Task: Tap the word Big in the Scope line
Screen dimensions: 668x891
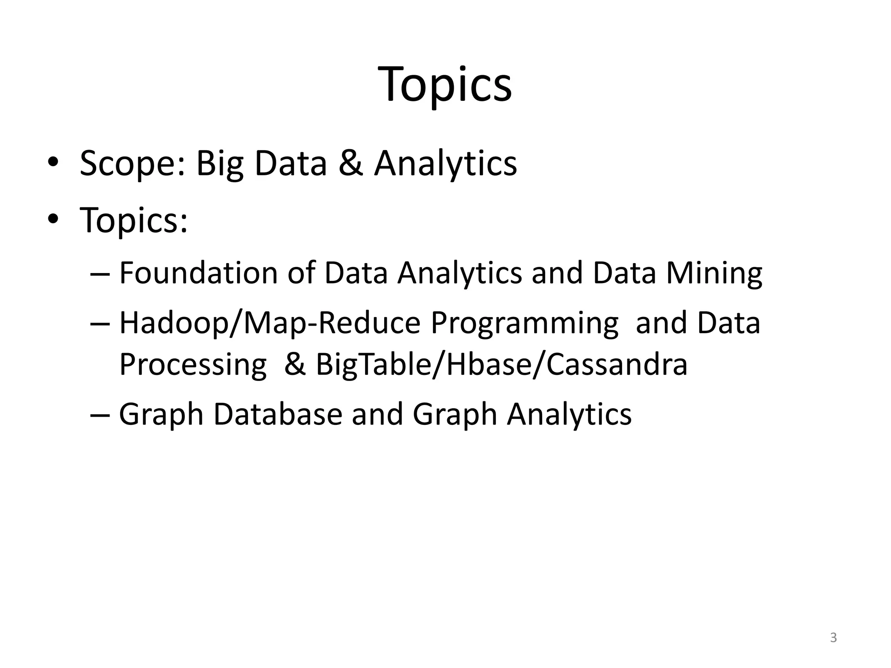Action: [x=220, y=164]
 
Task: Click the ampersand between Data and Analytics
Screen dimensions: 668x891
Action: [x=350, y=164]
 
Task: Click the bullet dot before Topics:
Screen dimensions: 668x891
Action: [x=53, y=219]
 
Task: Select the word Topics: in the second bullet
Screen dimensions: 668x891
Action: [x=134, y=220]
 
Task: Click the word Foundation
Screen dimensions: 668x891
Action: [x=198, y=273]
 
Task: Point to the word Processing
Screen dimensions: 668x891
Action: [x=193, y=364]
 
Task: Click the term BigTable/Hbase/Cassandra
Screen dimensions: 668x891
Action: [x=501, y=364]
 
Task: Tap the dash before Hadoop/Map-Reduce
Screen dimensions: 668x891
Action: [x=100, y=324]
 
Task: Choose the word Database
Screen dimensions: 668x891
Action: [x=278, y=414]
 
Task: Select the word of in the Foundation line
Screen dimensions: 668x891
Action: [x=301, y=273]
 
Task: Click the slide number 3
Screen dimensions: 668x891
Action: [x=833, y=638]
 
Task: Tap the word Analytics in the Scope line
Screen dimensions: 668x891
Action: [x=445, y=164]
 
